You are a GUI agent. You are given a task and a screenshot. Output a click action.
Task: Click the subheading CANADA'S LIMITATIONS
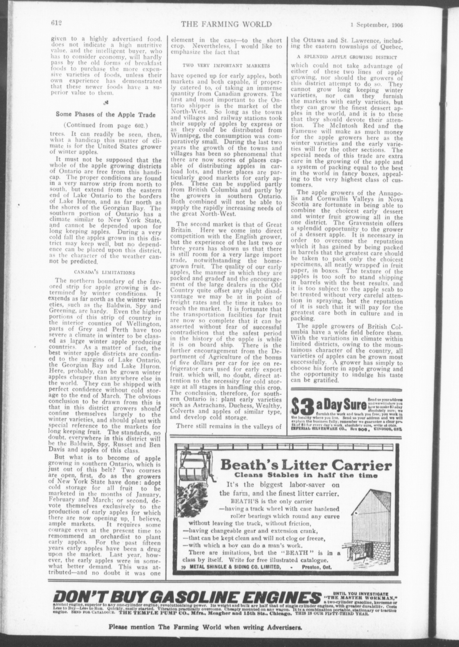[x=105, y=273]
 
